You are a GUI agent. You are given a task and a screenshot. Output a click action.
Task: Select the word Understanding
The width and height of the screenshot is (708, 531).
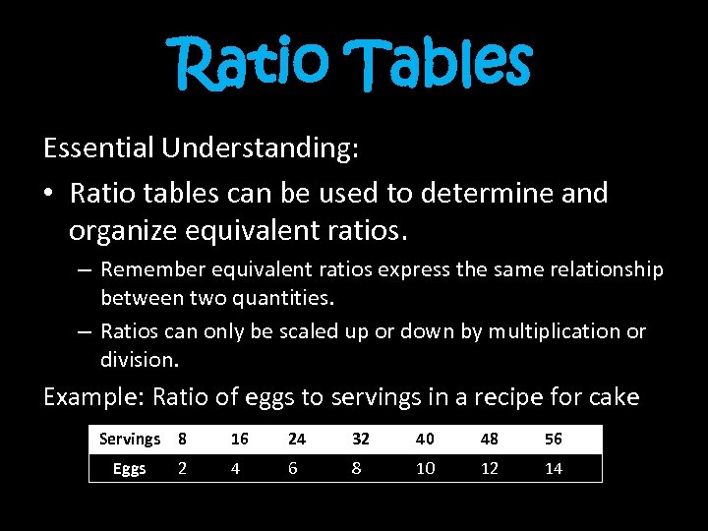click(x=261, y=148)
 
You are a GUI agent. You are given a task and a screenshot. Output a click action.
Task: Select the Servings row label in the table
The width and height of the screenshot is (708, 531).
click(x=129, y=439)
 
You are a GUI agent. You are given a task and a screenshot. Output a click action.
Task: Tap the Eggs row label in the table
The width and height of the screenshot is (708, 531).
click(x=129, y=469)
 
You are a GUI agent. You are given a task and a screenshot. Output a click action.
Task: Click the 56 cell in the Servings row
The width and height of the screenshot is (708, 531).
click(x=554, y=439)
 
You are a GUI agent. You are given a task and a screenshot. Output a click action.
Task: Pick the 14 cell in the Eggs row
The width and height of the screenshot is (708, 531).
click(x=554, y=469)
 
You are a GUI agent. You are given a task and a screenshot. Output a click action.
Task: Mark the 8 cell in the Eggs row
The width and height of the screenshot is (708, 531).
click(x=356, y=469)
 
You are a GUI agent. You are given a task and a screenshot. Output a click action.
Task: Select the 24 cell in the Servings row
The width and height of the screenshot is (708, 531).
click(x=294, y=439)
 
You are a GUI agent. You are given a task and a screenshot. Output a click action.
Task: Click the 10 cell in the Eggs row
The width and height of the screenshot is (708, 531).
click(x=425, y=469)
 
